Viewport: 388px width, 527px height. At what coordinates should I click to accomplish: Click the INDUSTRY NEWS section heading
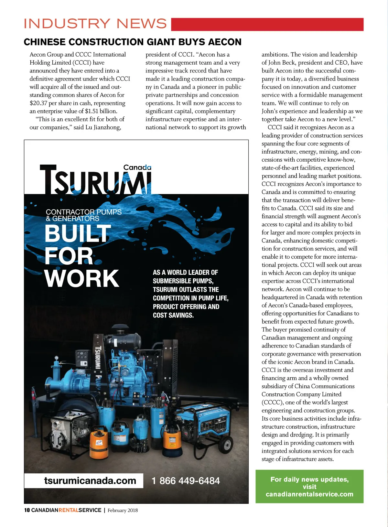(95, 24)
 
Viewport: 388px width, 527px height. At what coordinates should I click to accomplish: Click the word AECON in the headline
(225, 42)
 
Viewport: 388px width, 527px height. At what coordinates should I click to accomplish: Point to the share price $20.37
(38, 103)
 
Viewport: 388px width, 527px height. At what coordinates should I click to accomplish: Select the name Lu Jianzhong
(103, 127)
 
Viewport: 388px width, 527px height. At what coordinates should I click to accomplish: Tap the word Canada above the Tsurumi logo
(137, 167)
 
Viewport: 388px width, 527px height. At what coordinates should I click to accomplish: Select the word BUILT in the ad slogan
(78, 233)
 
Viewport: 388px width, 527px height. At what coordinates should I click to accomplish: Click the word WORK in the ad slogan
(82, 279)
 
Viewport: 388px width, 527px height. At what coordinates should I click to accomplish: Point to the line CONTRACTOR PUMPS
(84, 212)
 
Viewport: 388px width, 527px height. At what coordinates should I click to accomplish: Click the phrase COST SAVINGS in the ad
(173, 315)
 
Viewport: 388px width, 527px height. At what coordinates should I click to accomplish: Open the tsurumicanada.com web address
(90, 481)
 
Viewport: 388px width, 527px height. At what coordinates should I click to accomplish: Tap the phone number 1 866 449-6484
(186, 481)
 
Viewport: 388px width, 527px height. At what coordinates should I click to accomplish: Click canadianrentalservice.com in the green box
(309, 494)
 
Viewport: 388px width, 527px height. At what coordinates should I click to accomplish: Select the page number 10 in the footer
(27, 510)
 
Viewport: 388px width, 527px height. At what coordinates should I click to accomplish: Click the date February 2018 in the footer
(123, 511)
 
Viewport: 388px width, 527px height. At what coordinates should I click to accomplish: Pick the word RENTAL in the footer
(68, 510)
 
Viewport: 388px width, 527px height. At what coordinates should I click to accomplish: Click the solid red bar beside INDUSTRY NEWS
(267, 25)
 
